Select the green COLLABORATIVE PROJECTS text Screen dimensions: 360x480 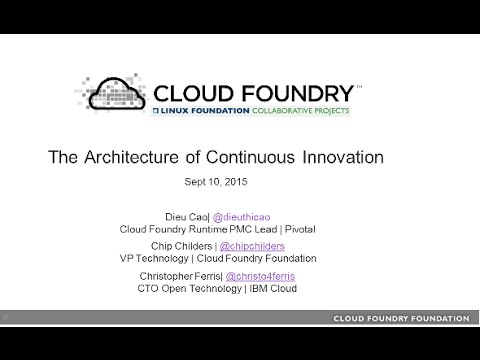tap(300, 110)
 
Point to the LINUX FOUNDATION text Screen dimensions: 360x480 tap(206, 110)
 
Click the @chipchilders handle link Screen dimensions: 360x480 tap(259, 245)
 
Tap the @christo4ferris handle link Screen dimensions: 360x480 tap(263, 276)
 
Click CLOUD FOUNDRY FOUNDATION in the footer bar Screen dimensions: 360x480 tap(401, 318)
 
